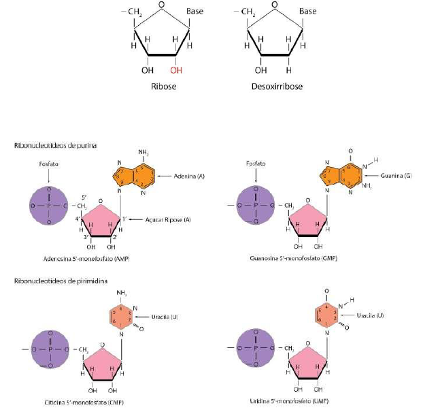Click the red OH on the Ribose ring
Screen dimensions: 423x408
tap(176, 69)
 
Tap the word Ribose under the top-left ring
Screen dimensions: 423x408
tap(163, 87)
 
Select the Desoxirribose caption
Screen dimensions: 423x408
tap(274, 87)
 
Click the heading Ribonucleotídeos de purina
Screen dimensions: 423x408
tap(54, 145)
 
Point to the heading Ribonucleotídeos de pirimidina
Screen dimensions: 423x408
tap(58, 281)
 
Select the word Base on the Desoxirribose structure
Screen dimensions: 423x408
tap(307, 12)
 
